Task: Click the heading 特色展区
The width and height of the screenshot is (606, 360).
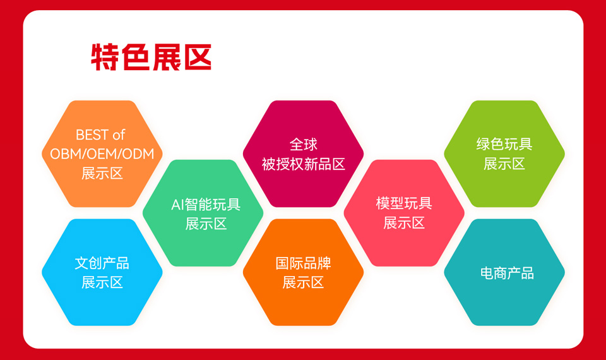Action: [x=151, y=57]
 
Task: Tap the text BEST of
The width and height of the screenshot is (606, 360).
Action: [x=100, y=135]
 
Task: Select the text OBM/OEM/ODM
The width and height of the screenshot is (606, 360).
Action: [x=102, y=154]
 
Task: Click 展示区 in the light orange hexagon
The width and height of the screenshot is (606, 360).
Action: [x=102, y=173]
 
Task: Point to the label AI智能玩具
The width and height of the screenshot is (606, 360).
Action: [x=206, y=205]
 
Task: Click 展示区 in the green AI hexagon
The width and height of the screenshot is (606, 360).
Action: [x=206, y=224]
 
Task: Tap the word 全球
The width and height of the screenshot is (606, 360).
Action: [x=304, y=145]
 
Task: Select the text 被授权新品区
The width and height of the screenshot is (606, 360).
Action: [x=304, y=164]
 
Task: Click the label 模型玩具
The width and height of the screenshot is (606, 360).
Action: [x=404, y=203]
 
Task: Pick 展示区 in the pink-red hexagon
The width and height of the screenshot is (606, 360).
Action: [x=404, y=223]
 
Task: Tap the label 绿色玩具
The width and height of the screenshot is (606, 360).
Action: [x=504, y=144]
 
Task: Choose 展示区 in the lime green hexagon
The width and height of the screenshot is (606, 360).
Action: [x=504, y=164]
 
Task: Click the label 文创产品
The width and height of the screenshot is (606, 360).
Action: [x=102, y=263]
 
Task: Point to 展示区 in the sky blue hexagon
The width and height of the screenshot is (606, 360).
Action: [x=102, y=283]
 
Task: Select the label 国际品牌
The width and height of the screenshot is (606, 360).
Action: [x=304, y=263]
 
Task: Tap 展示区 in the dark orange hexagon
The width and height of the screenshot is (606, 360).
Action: [x=304, y=283]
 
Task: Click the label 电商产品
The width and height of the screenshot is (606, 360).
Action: [x=507, y=273]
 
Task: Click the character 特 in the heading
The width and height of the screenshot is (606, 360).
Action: [x=105, y=57]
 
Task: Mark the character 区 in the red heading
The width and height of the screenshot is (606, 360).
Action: [x=198, y=57]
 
